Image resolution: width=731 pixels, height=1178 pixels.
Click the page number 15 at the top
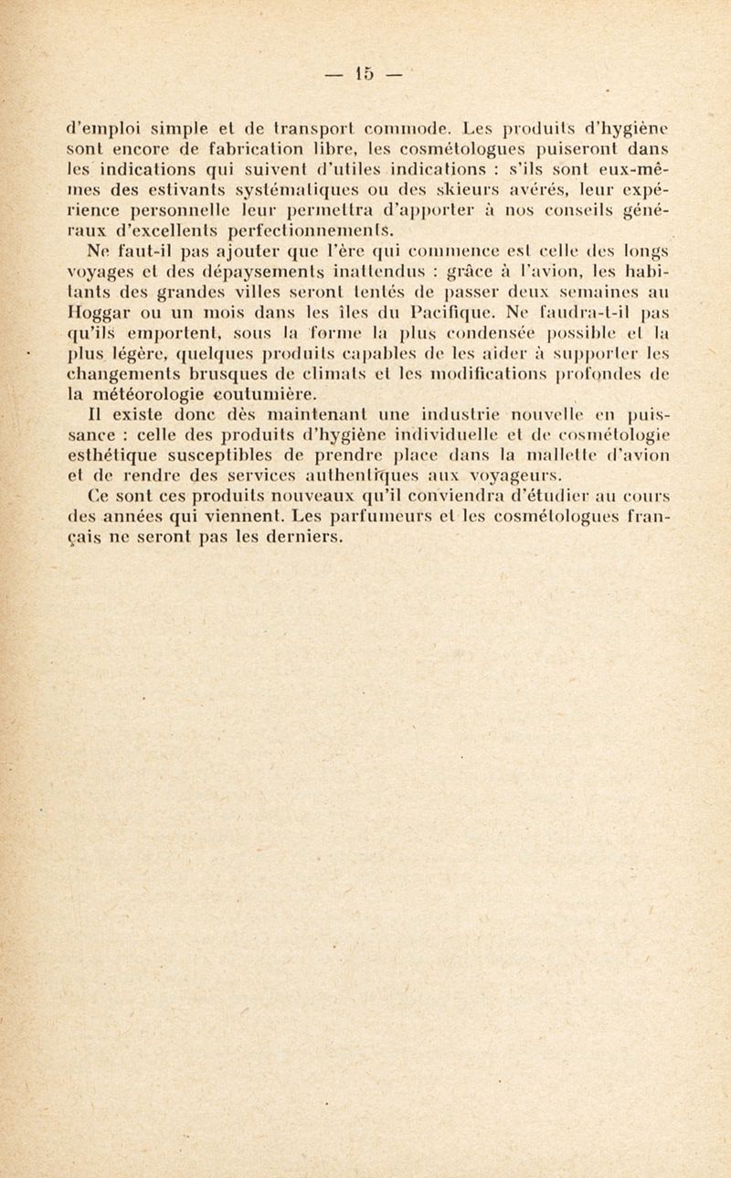tap(365, 73)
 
